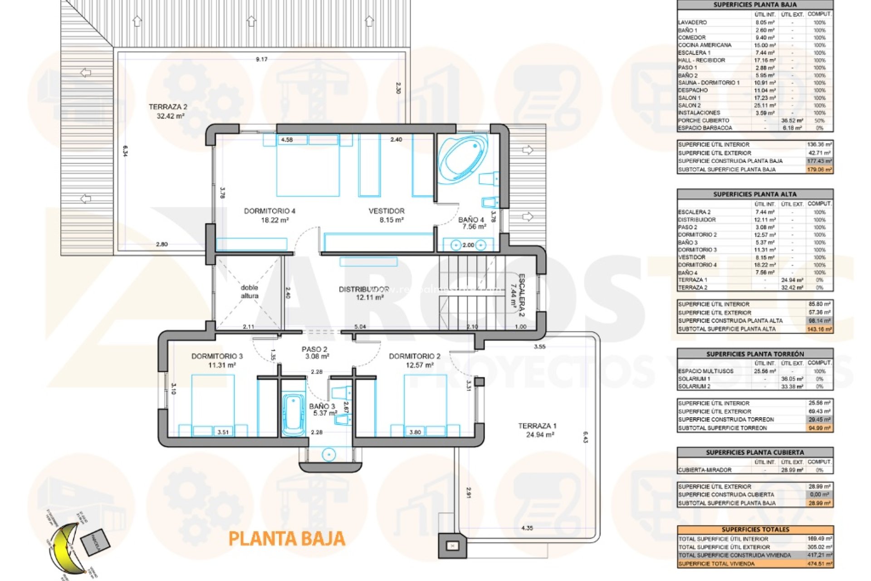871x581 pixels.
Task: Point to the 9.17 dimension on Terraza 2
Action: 262,59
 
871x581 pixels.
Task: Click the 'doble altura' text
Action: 249,291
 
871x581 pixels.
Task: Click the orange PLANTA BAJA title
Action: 287,539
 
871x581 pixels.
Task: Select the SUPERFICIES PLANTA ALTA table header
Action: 755,194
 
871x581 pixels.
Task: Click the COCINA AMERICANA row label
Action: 705,45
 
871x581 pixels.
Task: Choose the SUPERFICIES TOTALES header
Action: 755,529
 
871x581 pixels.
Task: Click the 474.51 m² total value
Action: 820,564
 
